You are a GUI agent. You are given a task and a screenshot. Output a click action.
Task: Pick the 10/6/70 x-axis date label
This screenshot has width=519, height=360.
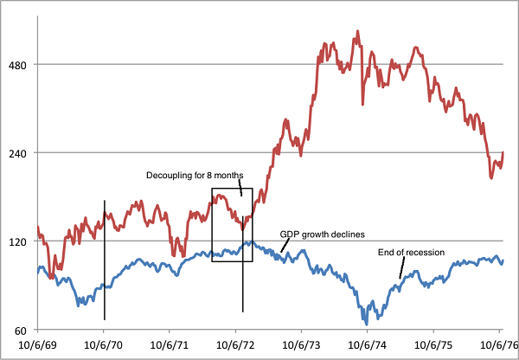[104, 344]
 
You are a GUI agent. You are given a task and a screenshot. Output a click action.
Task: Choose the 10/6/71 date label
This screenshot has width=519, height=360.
[170, 344]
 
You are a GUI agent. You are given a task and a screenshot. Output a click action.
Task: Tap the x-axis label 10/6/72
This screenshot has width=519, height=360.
[236, 344]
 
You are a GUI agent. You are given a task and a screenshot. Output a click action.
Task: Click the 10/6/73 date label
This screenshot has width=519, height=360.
[302, 344]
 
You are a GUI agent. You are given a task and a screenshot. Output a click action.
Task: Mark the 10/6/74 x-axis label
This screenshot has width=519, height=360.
[368, 344]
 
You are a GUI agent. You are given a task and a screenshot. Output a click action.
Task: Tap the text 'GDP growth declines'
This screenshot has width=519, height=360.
[323, 235]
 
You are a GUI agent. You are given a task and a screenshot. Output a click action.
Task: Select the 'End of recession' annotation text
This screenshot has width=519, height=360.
[412, 253]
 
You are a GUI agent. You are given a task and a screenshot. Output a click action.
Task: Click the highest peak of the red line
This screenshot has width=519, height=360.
[357, 32]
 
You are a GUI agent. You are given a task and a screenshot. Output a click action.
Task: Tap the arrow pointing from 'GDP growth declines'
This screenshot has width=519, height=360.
[284, 246]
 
